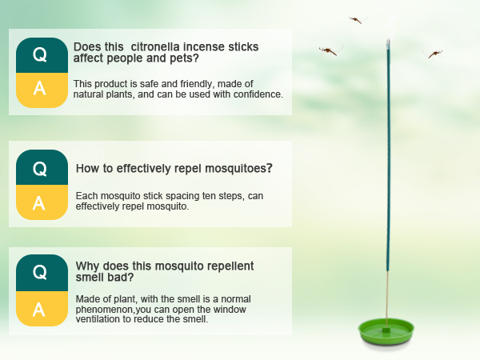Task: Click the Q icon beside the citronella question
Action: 39,54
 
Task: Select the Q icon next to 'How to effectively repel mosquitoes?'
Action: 39,168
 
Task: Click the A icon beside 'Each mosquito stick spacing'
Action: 39,202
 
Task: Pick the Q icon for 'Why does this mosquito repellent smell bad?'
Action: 39,272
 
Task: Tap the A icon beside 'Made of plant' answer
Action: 39,308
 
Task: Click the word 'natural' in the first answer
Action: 90,94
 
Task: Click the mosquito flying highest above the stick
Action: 355,19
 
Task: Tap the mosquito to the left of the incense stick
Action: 328,50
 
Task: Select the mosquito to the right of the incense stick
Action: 434,54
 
